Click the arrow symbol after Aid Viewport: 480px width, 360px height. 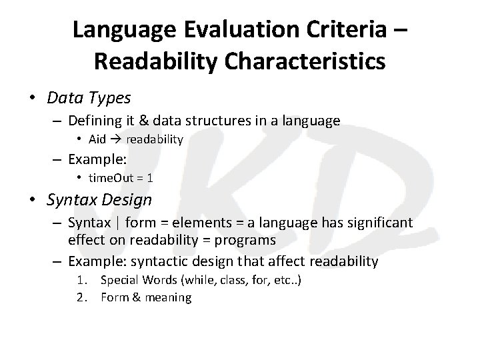[x=115, y=139]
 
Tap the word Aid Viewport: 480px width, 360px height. [x=97, y=139]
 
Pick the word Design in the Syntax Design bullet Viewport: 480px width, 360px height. [x=129, y=199]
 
